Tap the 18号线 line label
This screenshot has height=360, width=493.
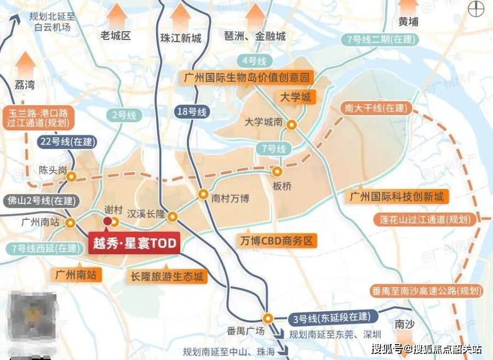click(x=192, y=112)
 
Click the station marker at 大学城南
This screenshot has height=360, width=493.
click(x=293, y=124)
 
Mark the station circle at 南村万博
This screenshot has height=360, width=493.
click(x=203, y=193)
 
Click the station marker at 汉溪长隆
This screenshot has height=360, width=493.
click(x=173, y=216)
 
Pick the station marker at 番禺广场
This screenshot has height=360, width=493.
click(x=267, y=317)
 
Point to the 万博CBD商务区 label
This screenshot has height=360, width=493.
click(x=278, y=241)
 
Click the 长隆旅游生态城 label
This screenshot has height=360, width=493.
click(x=167, y=277)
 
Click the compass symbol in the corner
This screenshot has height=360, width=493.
click(x=477, y=9)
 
